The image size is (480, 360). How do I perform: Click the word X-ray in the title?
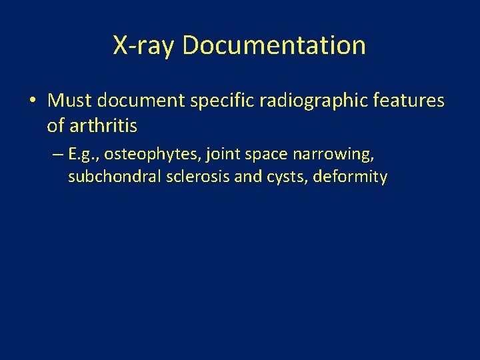tap(144, 45)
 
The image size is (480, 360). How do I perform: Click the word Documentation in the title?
tap(273, 45)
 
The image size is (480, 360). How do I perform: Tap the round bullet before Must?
tap(33, 101)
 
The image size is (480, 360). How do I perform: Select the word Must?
tap(70, 101)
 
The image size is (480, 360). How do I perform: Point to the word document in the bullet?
tap(139, 101)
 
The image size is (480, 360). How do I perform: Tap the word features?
tap(409, 101)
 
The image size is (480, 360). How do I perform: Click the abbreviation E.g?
tap(83, 155)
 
